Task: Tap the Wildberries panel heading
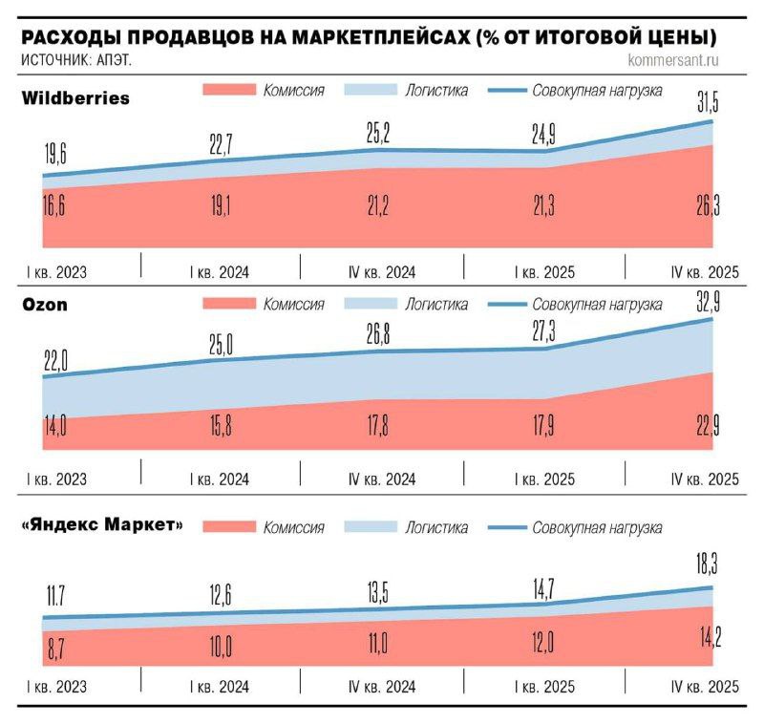point(75,98)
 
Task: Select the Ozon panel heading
point(45,306)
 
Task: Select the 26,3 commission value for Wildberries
point(708,206)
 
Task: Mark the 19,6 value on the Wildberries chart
point(54,155)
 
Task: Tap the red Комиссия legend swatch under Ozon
point(229,305)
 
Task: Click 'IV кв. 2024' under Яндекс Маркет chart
point(382,688)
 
